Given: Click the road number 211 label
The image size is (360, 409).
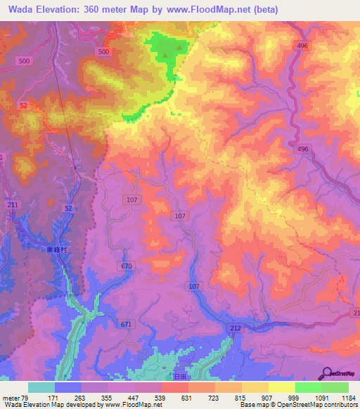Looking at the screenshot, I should coord(13,204).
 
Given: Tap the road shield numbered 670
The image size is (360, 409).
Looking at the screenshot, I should coord(127,266).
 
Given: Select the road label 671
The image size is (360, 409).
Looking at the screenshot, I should coord(126,324).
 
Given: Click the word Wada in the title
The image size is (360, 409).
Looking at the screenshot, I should coord(22,10).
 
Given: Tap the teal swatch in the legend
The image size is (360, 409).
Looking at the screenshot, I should coord(41,387).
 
